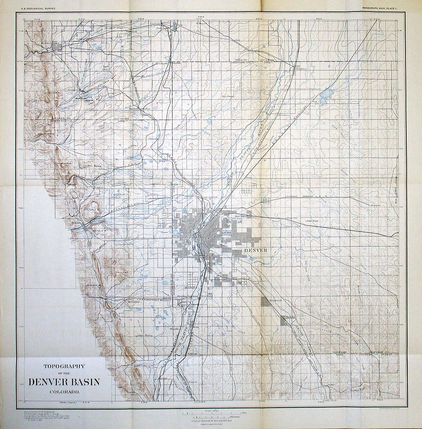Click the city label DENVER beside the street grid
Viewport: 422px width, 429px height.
tap(255, 250)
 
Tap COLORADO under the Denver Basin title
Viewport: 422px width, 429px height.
tap(64, 392)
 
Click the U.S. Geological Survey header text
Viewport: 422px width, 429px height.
tap(36, 7)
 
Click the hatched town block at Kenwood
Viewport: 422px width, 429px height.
tap(266, 302)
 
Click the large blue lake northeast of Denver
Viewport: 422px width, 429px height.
tap(327, 93)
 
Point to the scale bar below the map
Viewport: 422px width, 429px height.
tap(211, 413)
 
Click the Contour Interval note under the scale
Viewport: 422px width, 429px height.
tap(211, 421)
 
